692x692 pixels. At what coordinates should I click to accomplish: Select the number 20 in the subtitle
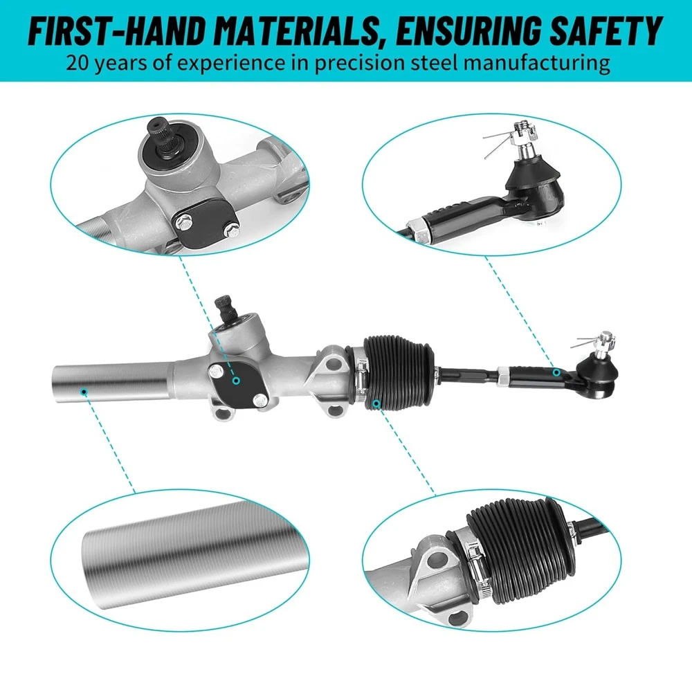pos(79,63)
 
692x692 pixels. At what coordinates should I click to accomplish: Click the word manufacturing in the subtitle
pos(537,64)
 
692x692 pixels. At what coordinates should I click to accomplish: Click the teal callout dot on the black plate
pos(237,381)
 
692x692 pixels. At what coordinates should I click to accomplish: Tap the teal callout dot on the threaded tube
pos(84,392)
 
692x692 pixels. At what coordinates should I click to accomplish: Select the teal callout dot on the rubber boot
pos(376,403)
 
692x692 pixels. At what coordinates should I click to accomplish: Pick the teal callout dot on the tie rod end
pos(556,373)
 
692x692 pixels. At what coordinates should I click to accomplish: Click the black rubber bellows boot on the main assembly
pos(397,374)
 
